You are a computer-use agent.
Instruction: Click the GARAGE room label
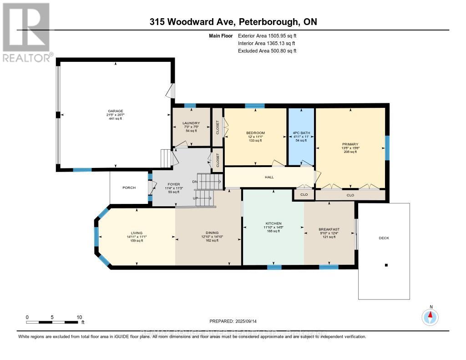tap(115, 110)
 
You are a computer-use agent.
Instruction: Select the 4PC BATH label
tap(301, 133)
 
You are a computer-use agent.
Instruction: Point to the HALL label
tap(269, 177)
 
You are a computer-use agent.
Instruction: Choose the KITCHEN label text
tap(273, 223)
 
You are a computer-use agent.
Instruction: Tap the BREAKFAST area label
tap(329, 229)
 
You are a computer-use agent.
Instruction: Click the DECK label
tap(384, 238)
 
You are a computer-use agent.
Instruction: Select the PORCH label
tap(129, 188)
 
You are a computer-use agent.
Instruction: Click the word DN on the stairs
tap(195, 181)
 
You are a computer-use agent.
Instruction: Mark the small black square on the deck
tap(386, 265)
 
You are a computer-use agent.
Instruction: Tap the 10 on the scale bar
tap(79, 317)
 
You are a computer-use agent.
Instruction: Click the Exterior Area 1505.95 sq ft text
tap(269, 35)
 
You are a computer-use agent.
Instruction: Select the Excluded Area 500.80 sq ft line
tap(267, 51)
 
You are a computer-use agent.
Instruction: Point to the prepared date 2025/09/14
tap(233, 321)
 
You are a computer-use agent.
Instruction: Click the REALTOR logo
tap(26, 32)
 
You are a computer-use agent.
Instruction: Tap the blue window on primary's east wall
tap(388, 148)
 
